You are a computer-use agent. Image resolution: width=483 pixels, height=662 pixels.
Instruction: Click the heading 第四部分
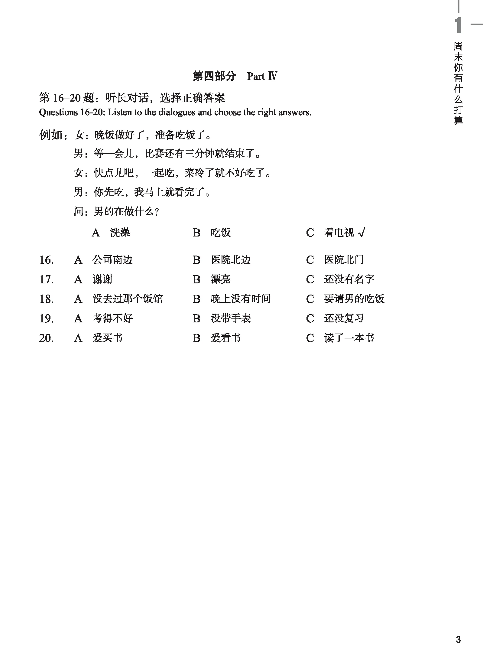click(214, 76)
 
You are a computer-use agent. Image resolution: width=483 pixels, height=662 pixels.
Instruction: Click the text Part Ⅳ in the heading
click(262, 76)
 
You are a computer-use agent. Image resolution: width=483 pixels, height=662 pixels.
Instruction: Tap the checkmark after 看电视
click(361, 232)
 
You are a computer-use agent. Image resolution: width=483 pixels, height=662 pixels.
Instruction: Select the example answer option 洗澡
click(120, 233)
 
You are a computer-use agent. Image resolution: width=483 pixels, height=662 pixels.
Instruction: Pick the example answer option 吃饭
click(221, 233)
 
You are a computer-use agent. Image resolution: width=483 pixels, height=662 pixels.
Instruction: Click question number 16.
click(47, 260)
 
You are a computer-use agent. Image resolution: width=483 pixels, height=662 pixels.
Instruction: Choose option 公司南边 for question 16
click(112, 260)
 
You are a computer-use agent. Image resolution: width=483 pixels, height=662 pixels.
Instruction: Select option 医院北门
click(344, 260)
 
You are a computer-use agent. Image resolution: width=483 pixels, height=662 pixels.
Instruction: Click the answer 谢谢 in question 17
click(102, 279)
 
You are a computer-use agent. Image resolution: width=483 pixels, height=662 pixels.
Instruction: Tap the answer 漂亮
click(221, 279)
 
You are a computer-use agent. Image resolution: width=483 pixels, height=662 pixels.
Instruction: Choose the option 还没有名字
click(349, 279)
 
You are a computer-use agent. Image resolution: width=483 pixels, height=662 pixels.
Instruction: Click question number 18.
click(47, 299)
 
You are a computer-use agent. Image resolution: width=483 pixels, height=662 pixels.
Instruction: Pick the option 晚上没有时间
click(241, 299)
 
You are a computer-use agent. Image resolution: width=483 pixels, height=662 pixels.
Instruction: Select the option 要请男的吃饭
click(354, 299)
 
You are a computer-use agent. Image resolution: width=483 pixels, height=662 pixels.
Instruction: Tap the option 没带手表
click(231, 318)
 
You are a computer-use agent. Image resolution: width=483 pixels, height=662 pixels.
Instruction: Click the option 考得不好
click(112, 318)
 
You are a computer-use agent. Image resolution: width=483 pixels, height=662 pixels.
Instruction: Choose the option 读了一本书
click(349, 338)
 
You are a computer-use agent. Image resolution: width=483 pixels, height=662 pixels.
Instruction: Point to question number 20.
click(47, 338)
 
